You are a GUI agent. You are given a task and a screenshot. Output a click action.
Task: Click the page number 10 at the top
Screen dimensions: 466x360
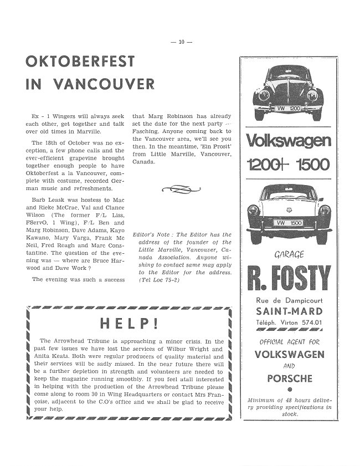tap(181, 43)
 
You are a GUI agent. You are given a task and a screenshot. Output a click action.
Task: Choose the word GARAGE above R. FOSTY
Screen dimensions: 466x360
tap(288, 255)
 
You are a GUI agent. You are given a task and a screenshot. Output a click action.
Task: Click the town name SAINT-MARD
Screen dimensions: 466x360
tap(288, 311)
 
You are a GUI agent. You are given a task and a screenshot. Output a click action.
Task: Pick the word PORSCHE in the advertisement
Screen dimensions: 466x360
tap(290, 379)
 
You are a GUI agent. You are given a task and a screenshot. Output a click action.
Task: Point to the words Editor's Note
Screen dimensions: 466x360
tap(153, 235)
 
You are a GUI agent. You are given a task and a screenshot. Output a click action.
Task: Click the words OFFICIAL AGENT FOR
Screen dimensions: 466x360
tap(289, 342)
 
